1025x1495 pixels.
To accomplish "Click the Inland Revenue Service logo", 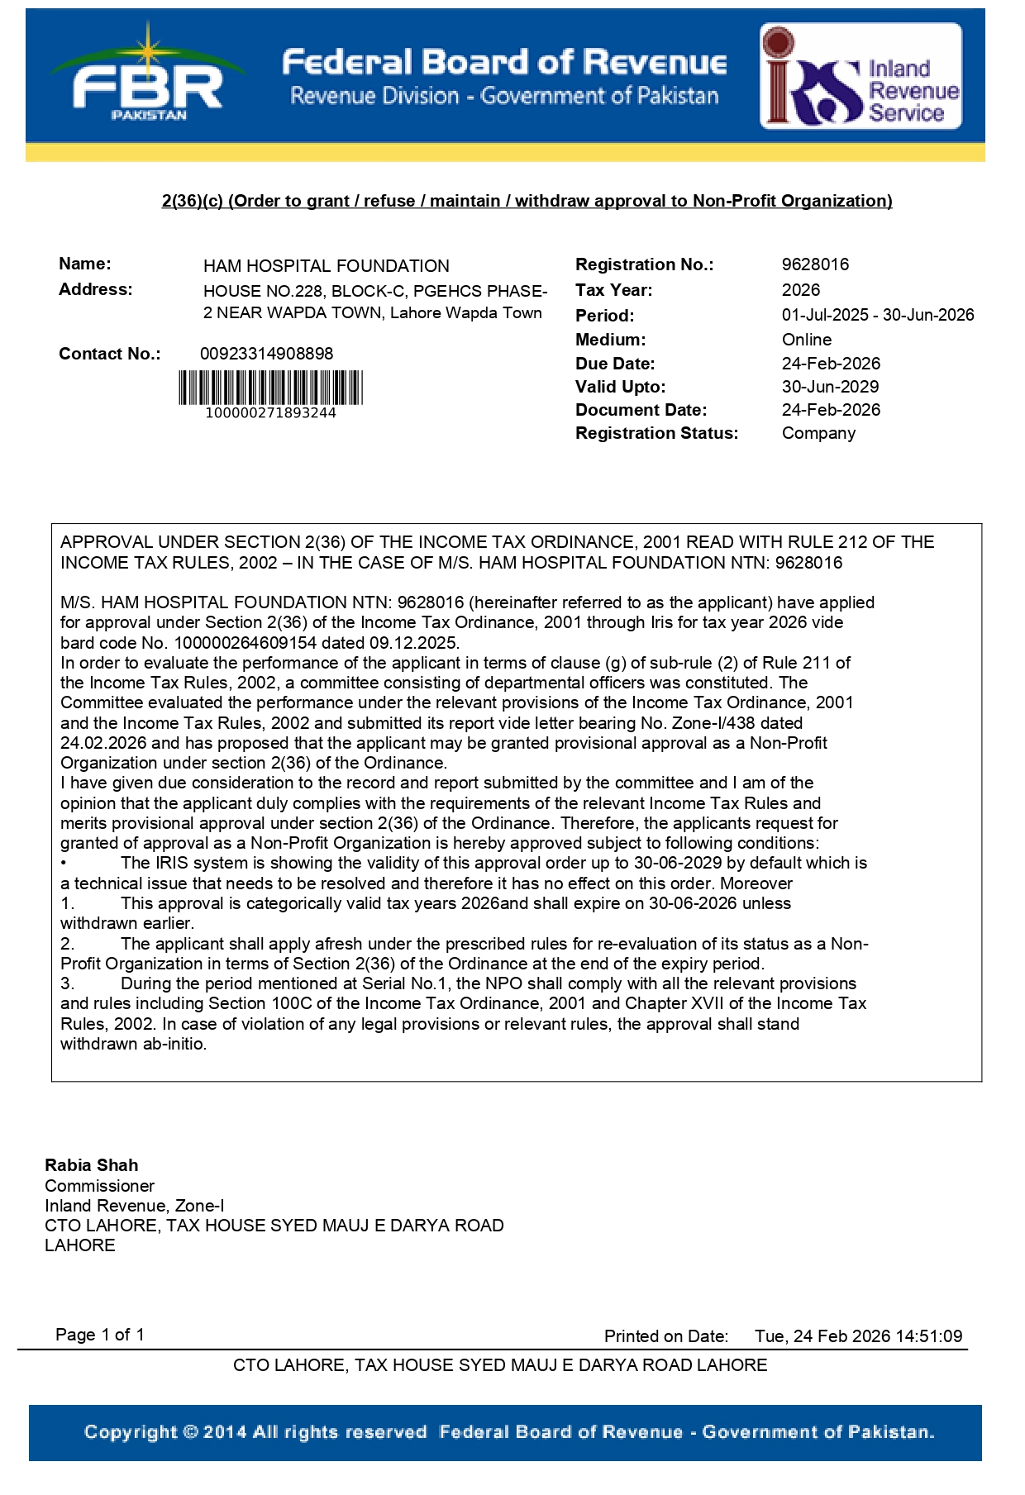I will point(861,76).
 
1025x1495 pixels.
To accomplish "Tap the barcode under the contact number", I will point(270,388).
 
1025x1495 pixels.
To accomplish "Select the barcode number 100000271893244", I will point(270,413).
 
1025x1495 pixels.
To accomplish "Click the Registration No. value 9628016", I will point(815,264).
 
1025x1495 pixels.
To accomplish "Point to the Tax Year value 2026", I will point(801,290).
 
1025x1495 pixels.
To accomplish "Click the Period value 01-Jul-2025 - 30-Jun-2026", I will point(877,315).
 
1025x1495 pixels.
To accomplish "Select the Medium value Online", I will point(807,340).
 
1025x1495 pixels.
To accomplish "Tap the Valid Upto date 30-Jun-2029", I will point(830,387).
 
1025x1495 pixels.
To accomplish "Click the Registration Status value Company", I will point(818,433).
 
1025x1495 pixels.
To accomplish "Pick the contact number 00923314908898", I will point(266,354).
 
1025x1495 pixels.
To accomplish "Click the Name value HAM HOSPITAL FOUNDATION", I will point(326,266).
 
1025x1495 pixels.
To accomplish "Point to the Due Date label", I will point(614,364).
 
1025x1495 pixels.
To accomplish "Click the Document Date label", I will point(641,410).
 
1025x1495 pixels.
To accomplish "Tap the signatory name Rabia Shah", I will point(91,1165).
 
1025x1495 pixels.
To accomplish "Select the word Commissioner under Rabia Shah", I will point(99,1186).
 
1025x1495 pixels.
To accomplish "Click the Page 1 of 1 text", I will point(99,1335).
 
